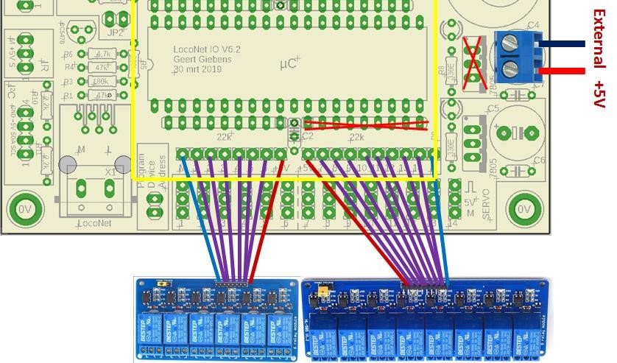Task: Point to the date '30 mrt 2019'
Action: coord(197,69)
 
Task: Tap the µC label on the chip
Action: coord(289,64)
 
